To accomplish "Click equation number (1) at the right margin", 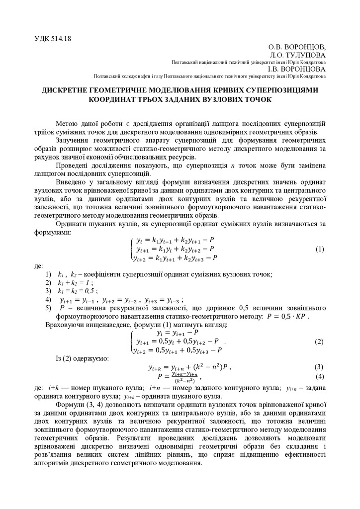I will click(320, 249).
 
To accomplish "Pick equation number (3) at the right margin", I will click(320, 367).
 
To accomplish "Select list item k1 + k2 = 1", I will click(75, 282).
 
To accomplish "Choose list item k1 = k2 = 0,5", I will click(77, 290).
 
